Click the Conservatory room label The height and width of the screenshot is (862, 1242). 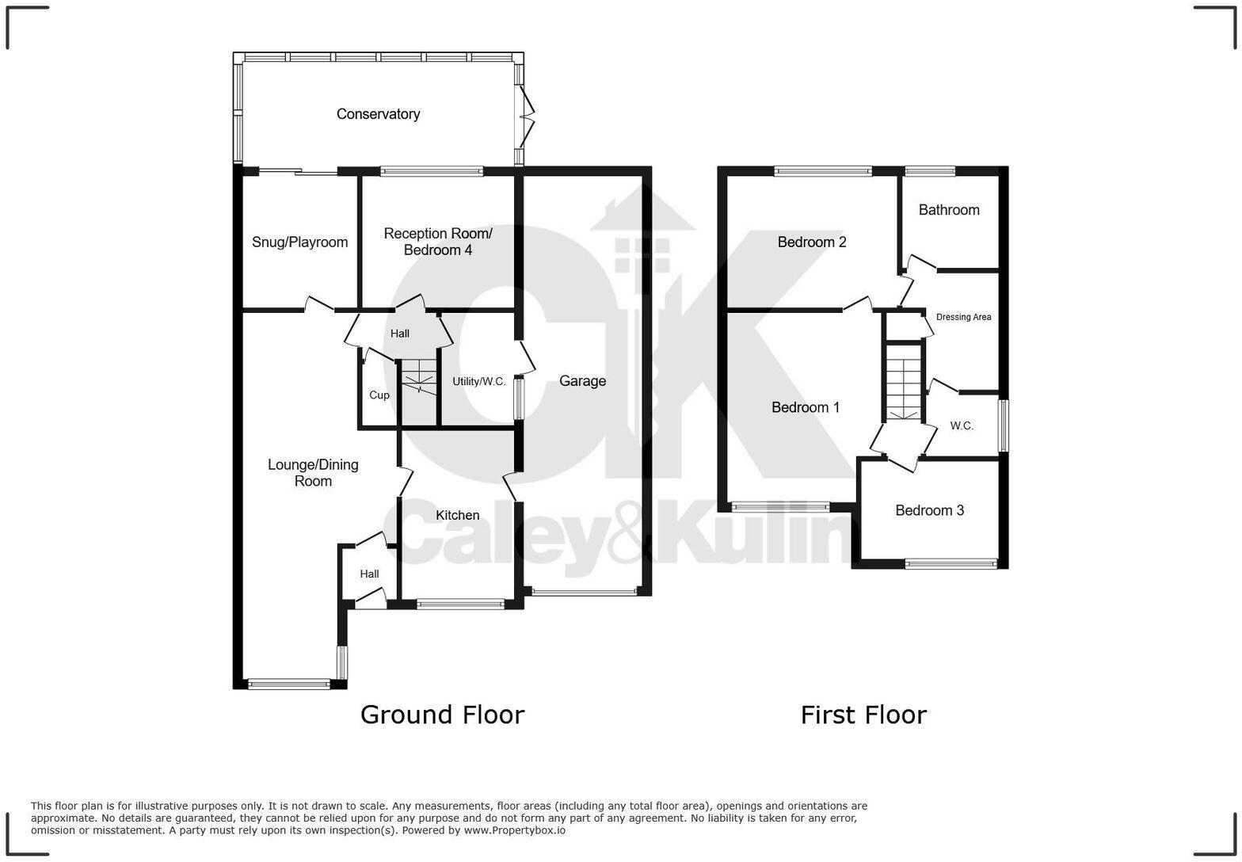(x=378, y=114)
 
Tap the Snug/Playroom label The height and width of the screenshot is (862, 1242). (x=299, y=242)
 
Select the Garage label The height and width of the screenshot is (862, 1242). (x=582, y=381)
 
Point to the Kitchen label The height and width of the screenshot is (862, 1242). (x=457, y=516)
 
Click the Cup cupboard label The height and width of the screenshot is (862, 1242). (x=379, y=395)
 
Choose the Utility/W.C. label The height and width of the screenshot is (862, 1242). (x=478, y=382)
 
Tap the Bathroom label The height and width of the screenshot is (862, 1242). (x=948, y=210)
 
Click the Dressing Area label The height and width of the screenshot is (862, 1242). (x=963, y=317)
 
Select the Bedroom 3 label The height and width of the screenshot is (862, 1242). (x=929, y=511)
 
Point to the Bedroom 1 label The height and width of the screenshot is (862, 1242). (x=805, y=408)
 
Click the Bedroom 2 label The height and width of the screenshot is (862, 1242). (x=811, y=242)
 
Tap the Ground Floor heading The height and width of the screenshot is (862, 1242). (x=442, y=715)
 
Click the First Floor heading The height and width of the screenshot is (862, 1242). (x=863, y=715)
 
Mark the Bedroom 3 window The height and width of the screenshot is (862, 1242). (x=951, y=564)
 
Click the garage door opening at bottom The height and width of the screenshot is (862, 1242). (x=584, y=591)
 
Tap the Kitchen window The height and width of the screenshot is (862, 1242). (x=459, y=605)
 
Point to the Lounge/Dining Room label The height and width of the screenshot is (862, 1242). (x=313, y=473)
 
